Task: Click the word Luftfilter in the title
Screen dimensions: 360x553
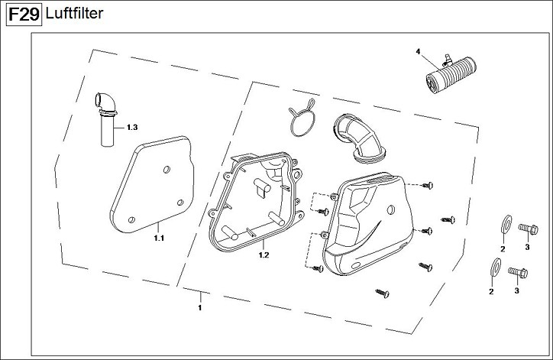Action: (73, 14)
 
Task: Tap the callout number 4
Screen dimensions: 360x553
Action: (418, 51)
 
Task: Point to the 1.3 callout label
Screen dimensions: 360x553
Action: (131, 126)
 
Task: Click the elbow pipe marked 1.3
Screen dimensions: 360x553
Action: (105, 118)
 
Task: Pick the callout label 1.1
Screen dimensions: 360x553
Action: (159, 238)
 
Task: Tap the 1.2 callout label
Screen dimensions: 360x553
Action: (264, 255)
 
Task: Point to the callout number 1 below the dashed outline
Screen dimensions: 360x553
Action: (199, 307)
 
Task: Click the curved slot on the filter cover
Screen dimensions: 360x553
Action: (386, 238)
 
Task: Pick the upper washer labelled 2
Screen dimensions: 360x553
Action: (504, 225)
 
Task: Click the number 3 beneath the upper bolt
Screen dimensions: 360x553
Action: (526, 246)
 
